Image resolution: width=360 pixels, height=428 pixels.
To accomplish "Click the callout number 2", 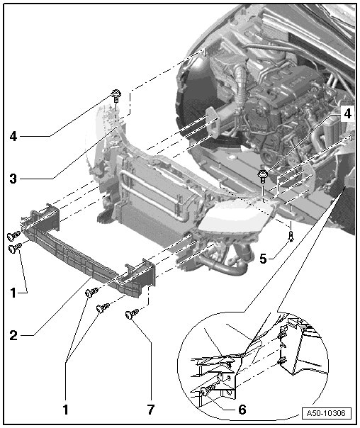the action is (13, 335).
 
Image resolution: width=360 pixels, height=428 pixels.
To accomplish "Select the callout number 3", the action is (13, 179).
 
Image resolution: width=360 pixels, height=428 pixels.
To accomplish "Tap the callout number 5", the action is (263, 259).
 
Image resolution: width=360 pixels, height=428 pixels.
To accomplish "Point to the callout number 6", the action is (242, 410).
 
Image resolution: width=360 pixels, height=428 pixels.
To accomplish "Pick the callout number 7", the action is (151, 410).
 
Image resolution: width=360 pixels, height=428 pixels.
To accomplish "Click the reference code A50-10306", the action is (326, 413).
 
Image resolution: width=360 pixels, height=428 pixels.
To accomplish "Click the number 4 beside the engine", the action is (347, 113).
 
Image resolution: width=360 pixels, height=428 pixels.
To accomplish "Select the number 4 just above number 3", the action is (13, 136).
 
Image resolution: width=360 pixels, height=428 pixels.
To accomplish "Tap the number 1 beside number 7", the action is (65, 410).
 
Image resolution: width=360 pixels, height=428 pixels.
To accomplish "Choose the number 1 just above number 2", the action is (13, 293).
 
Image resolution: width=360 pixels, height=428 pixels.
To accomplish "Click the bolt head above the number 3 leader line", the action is (116, 94).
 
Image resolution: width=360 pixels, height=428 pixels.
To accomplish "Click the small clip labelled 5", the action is (291, 235).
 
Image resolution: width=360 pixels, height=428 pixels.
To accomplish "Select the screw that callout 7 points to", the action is (132, 314).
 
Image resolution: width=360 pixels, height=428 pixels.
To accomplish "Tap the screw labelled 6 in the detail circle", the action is (206, 391).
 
